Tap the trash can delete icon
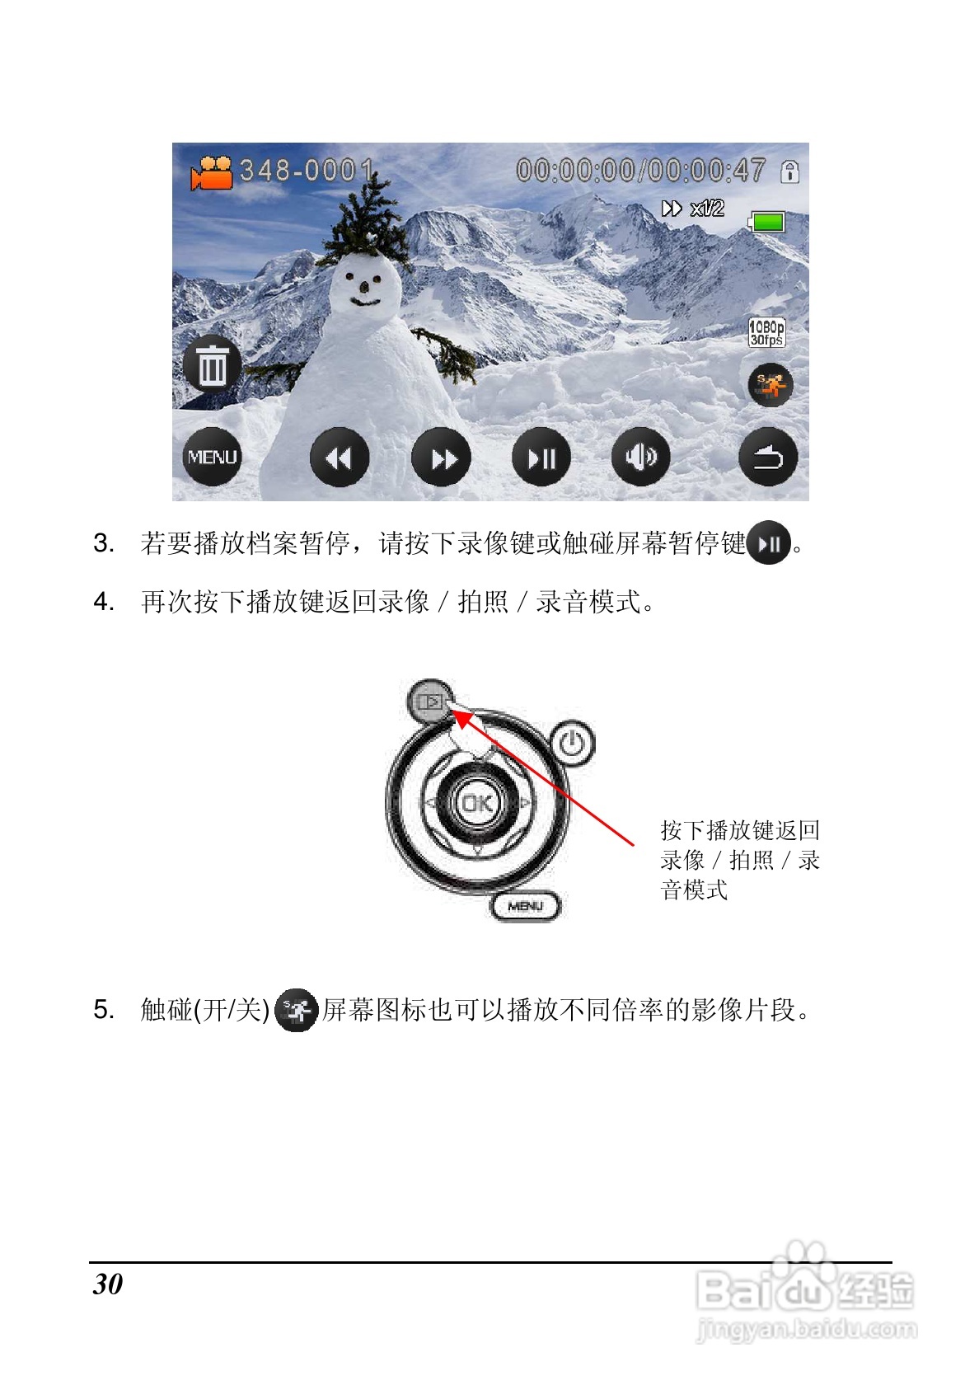tap(212, 365)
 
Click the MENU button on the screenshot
tap(212, 458)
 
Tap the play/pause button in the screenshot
tap(541, 458)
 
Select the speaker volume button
tap(641, 456)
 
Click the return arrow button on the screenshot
tap(768, 458)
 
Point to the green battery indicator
tap(767, 222)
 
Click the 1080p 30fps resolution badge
tap(766, 333)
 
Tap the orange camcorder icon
tap(213, 172)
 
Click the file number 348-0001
tap(307, 171)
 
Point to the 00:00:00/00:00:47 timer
tap(640, 171)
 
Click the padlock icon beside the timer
tap(790, 171)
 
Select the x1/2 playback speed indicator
tap(694, 209)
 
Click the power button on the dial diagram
tap(572, 744)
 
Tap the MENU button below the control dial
tap(526, 906)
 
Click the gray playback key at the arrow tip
tap(430, 702)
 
